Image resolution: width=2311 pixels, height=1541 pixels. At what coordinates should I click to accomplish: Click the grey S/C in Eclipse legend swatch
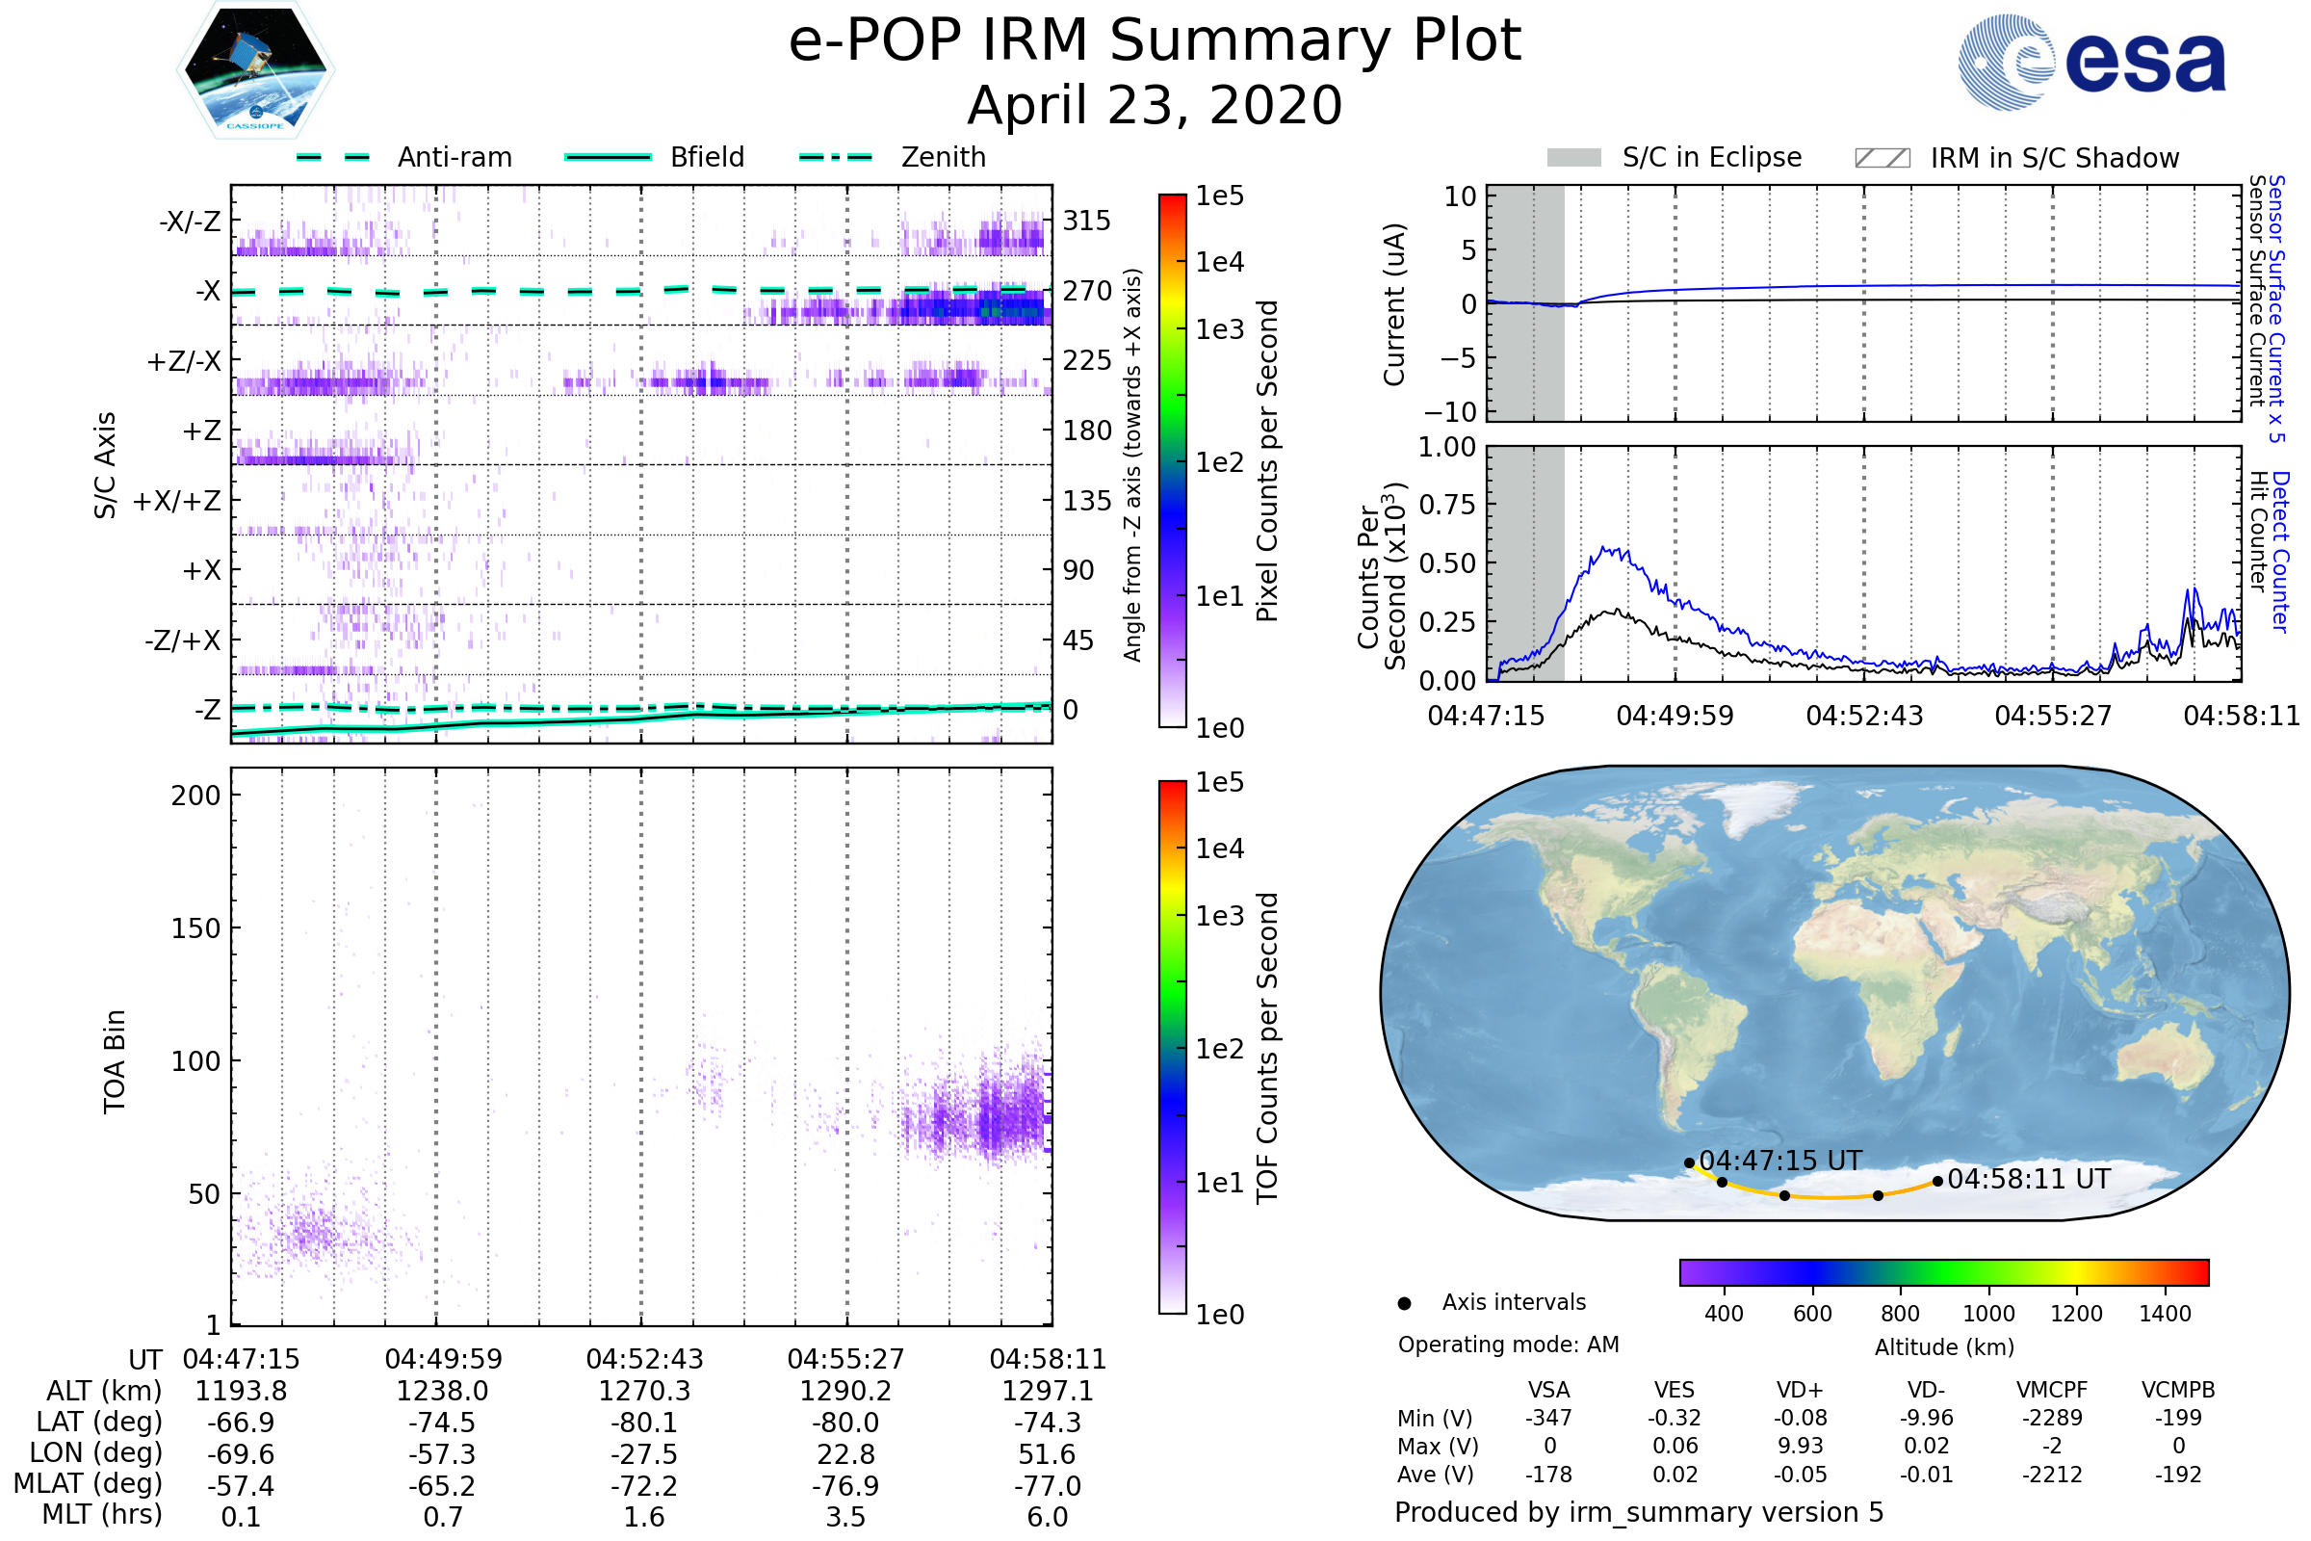[1573, 158]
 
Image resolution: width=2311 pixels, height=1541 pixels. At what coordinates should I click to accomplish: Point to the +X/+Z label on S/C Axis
[177, 501]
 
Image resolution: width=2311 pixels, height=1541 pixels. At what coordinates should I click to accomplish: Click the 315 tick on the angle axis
[1086, 221]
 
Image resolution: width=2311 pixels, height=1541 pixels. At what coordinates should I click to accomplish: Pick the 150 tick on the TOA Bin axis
[195, 928]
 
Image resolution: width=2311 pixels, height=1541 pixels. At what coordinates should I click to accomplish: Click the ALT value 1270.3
[643, 1392]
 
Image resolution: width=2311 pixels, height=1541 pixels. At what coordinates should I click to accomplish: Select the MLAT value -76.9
[845, 1486]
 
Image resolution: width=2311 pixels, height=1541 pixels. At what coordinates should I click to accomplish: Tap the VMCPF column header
[2052, 1391]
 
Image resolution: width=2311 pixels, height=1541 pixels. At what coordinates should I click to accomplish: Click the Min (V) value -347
[1548, 1418]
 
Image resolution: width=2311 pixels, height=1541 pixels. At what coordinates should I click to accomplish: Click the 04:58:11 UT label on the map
[2028, 1179]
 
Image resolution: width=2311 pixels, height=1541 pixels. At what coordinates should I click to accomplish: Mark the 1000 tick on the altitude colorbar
[1987, 1314]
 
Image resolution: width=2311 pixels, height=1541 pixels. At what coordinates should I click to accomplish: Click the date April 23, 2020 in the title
[1155, 105]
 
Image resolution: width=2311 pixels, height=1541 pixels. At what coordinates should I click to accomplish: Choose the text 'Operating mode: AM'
[1508, 1345]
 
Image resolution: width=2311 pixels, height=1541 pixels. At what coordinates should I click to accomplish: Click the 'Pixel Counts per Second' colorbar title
[1267, 461]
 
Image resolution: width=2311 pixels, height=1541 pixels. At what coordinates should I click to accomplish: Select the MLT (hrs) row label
[102, 1514]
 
